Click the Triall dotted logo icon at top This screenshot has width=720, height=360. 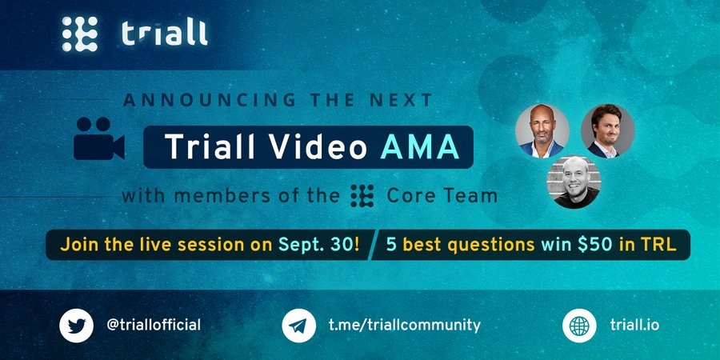pyautogui.click(x=80, y=34)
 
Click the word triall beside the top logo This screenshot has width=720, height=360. pyautogui.click(x=165, y=34)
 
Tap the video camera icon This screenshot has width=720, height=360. pyautogui.click(x=99, y=138)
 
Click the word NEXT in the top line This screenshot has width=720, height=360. pyautogui.click(x=405, y=100)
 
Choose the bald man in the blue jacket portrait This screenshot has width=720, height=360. pyautogui.click(x=542, y=131)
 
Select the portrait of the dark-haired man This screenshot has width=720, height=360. pyautogui.click(x=608, y=131)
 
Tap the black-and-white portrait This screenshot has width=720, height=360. pyautogui.click(x=574, y=182)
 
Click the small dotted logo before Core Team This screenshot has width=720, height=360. pyautogui.click(x=362, y=196)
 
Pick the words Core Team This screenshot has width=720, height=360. pyautogui.click(x=442, y=196)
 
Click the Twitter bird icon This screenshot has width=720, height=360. pyautogui.click(x=76, y=326)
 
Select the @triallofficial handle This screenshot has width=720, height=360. pyautogui.click(x=154, y=326)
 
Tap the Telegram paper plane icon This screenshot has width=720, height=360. pyautogui.click(x=299, y=326)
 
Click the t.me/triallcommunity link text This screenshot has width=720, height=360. pyautogui.click(x=405, y=326)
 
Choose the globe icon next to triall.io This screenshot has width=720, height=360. pyautogui.click(x=579, y=326)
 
